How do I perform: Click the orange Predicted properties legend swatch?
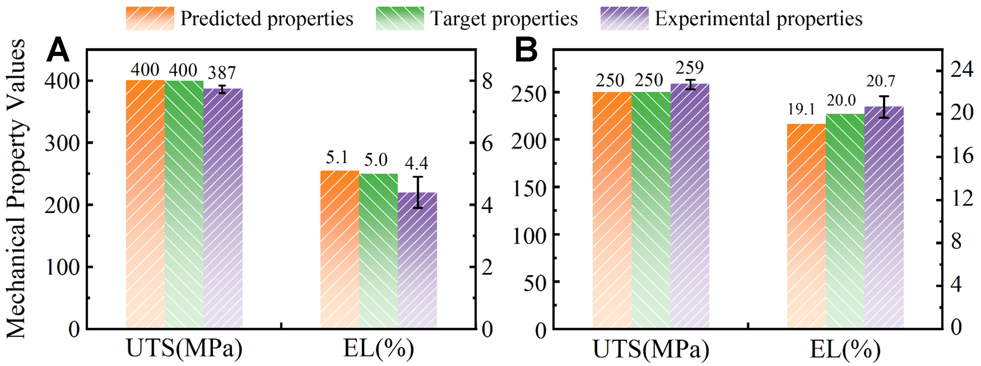(150, 18)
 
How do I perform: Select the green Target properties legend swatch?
(400, 18)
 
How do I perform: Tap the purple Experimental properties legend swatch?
(625, 18)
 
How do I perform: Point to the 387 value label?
(222, 72)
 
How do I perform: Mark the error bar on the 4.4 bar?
(418, 192)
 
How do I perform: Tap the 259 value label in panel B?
(690, 68)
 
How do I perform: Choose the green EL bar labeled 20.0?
(845, 221)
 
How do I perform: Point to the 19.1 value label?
(801, 109)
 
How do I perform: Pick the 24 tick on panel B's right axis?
(962, 69)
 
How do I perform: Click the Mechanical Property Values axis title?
(16, 189)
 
